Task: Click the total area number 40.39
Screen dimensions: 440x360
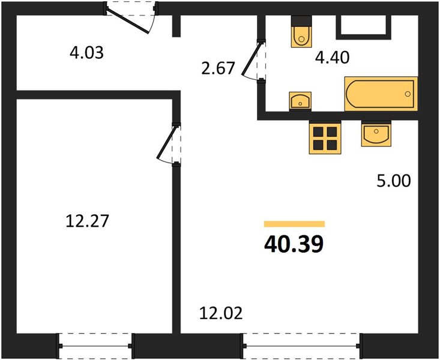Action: click(x=294, y=244)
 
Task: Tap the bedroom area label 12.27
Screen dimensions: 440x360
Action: click(x=87, y=221)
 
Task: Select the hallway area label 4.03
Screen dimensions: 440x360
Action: click(x=86, y=53)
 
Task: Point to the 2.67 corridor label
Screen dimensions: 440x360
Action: click(x=218, y=68)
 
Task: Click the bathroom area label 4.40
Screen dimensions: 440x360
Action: click(x=332, y=58)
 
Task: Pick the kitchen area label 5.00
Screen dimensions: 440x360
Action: click(x=394, y=181)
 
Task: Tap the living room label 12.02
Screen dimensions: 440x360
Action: click(x=221, y=313)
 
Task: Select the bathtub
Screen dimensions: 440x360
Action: click(x=381, y=94)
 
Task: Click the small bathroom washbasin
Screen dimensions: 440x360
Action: click(x=300, y=100)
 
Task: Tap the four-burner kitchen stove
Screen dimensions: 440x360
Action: click(x=325, y=137)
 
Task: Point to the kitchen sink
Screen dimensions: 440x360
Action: click(x=376, y=134)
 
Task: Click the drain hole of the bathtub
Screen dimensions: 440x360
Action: click(x=408, y=94)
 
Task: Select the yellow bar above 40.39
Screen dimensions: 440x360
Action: click(x=294, y=224)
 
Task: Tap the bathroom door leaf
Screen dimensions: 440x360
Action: click(x=252, y=59)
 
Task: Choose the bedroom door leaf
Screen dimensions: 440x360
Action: click(x=167, y=143)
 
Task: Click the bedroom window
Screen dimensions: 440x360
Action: click(x=95, y=346)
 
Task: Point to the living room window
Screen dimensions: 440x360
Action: click(x=302, y=346)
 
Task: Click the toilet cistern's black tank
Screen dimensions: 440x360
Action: click(x=301, y=21)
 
